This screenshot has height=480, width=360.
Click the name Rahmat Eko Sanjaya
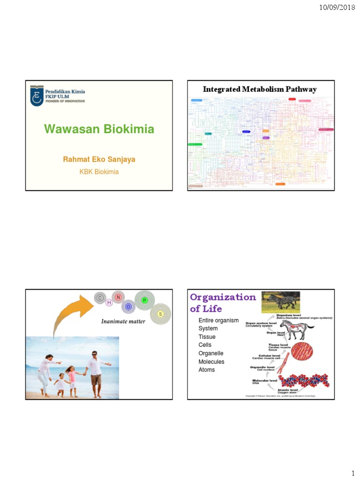tap(99, 159)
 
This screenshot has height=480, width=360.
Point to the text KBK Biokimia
tap(99, 172)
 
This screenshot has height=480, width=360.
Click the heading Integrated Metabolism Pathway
tap(259, 89)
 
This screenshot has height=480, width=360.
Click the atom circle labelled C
tap(99, 297)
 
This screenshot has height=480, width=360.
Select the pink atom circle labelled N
tap(118, 296)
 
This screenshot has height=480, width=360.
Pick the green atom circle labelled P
tap(144, 300)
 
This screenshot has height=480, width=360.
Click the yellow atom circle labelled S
tap(160, 314)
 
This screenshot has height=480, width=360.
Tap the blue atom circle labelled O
tap(128, 307)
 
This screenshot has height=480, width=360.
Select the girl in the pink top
tap(72, 377)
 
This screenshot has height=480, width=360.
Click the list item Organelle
tap(211, 353)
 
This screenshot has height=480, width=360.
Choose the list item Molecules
tap(211, 362)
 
